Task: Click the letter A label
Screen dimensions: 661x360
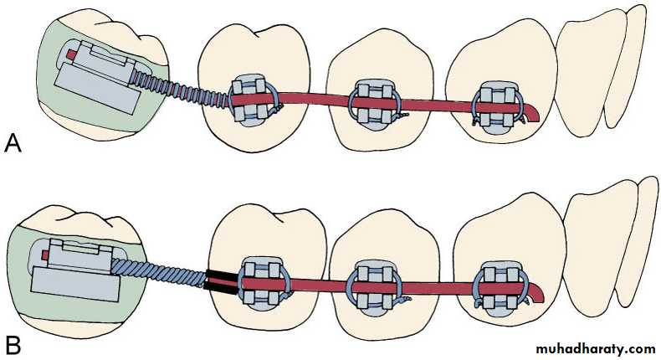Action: coord(13,144)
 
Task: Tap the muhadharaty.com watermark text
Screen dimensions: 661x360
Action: coord(596,349)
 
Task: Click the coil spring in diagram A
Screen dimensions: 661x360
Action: coord(182,88)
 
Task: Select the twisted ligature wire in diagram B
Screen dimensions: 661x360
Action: coord(158,274)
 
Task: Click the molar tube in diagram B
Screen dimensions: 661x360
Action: coord(75,270)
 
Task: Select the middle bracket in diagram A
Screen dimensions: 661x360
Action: coord(372,103)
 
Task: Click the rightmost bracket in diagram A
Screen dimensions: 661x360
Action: coord(499,107)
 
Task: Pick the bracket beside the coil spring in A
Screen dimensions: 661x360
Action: coord(252,100)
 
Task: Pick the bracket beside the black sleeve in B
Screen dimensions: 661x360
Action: coord(264,284)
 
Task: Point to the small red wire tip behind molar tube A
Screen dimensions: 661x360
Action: coord(72,54)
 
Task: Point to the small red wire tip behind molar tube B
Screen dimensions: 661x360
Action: coord(45,255)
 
